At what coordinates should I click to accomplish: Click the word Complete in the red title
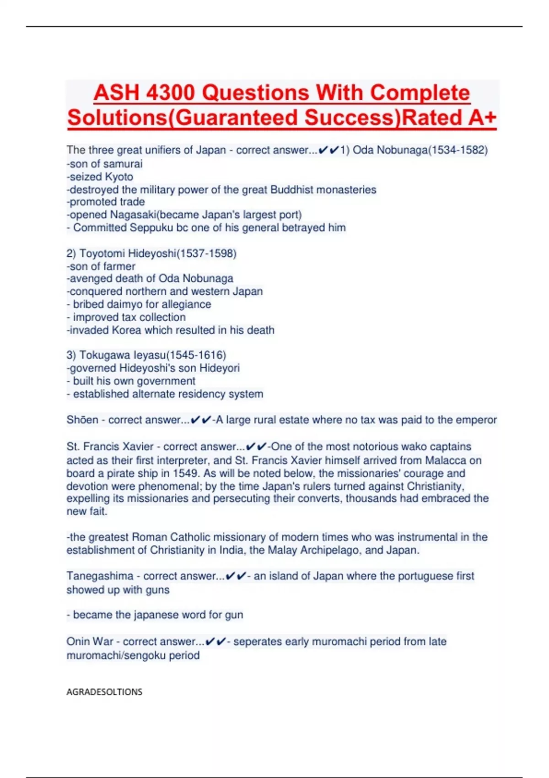tap(420, 93)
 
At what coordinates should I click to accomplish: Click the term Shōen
tap(82, 420)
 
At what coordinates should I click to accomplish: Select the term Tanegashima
tap(100, 576)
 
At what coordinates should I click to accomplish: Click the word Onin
tap(78, 642)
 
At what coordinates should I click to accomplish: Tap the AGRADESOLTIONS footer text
tap(104, 692)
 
